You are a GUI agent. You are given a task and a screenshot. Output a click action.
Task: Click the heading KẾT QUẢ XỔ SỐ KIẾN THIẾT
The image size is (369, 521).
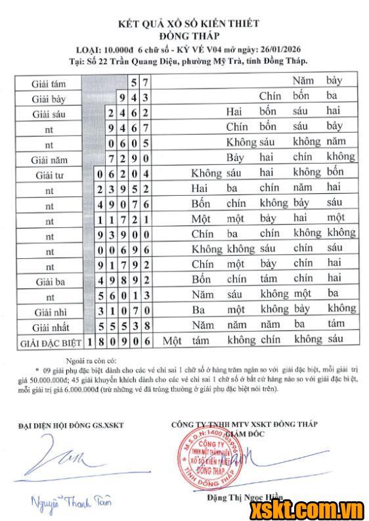point(188,24)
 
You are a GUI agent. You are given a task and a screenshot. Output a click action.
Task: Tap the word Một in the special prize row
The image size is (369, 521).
point(172,340)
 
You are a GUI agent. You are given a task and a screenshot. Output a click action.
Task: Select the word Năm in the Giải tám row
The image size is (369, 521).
point(303,81)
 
